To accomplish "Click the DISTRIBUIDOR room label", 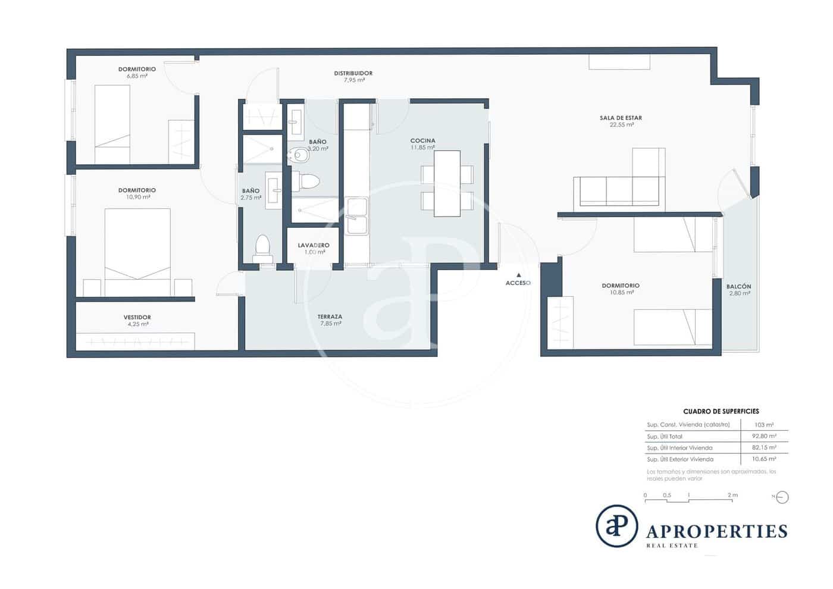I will pos(353,73).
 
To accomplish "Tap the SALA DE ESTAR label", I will pos(621,118).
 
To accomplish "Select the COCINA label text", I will pos(422,141).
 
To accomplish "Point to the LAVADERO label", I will pos(314,245).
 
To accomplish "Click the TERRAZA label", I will pos(330,317).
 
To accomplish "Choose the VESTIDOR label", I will pos(137,317).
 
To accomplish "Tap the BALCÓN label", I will pos(738,286).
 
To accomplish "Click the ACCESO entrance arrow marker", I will pos(519,275).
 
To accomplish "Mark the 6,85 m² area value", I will pos(137,76).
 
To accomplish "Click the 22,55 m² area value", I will pos(621,125).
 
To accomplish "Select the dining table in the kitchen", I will pos(447,183).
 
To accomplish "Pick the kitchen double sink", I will pos(356,217).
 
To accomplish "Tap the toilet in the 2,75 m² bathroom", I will pos(262,248).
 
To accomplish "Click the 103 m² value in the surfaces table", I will pos(763,425).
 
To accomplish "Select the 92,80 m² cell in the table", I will pos(763,436).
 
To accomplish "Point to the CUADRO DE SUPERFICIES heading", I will pos(721,411).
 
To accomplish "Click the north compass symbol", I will pos(782,497).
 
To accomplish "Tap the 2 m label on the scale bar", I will pos(732,495).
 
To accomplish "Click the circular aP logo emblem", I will pos(617,526).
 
